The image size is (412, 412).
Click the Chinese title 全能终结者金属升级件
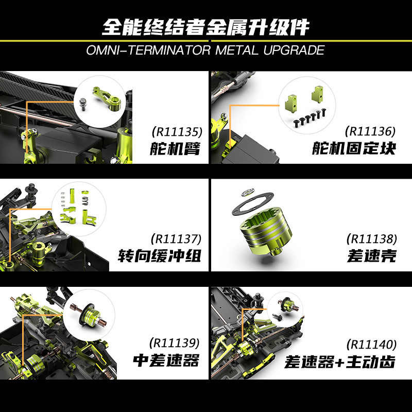click(205, 27)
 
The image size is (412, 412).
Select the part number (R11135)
click(175, 132)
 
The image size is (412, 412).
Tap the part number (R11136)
click(370, 132)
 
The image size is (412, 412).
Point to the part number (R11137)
click(175, 239)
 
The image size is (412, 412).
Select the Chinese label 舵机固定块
click(354, 149)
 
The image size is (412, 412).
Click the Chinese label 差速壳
click(371, 256)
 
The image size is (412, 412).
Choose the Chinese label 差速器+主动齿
click(340, 361)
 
